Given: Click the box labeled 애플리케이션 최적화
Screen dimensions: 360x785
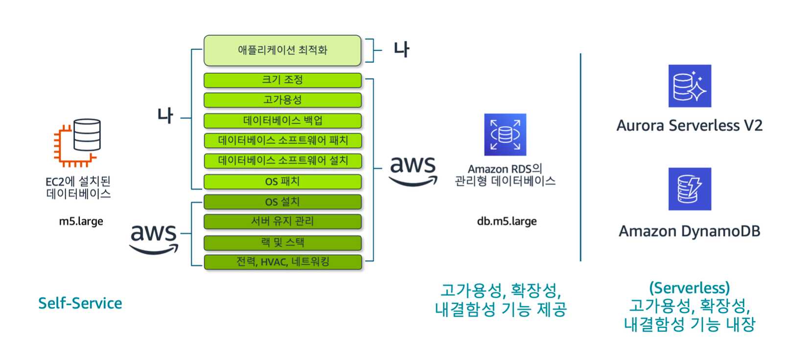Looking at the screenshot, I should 282,50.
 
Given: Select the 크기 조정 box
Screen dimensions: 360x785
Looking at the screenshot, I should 282,80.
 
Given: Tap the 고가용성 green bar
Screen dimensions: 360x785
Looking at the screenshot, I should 282,100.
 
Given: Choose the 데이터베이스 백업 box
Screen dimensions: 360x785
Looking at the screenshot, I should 282,121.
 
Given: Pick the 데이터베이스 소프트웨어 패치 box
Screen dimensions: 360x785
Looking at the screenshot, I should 282,141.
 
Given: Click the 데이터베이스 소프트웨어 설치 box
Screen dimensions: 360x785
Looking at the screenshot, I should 282,161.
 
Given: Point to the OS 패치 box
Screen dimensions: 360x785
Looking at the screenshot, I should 282,181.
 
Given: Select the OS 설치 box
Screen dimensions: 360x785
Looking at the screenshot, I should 282,202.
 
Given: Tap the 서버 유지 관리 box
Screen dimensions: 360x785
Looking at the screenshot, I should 282,222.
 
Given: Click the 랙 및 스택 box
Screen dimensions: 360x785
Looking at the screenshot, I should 282,243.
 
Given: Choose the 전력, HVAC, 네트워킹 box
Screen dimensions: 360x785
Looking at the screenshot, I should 282,262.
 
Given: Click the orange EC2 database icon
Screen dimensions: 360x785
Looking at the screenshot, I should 78,142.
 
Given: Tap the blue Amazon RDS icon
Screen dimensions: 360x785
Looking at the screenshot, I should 505,135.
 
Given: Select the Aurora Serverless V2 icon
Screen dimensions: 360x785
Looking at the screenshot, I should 690,86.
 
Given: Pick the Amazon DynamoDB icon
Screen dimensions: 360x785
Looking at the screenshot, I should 690,189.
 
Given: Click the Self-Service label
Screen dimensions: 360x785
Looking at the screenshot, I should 80,304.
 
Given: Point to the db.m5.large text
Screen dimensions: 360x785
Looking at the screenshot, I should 507,222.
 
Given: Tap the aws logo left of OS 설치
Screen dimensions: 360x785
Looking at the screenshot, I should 154,239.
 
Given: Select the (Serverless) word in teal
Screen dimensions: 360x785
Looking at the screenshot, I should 689,288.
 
